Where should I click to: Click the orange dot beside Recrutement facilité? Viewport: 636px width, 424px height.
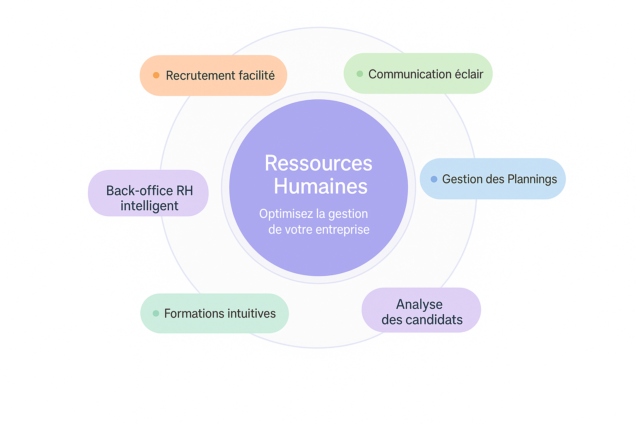pyautogui.click(x=156, y=75)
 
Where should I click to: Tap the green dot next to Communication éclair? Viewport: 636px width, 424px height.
pyautogui.click(x=360, y=74)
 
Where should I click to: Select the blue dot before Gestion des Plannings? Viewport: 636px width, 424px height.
pyautogui.click(x=434, y=179)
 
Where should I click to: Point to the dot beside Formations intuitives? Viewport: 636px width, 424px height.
pyautogui.click(x=156, y=313)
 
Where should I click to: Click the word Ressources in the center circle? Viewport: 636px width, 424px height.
pyautogui.click(x=318, y=163)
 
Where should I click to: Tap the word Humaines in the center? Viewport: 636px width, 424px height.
pyautogui.click(x=320, y=186)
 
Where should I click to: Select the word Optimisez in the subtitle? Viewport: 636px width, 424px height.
pyautogui.click(x=286, y=214)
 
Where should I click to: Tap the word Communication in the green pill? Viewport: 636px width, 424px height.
pyautogui.click(x=410, y=74)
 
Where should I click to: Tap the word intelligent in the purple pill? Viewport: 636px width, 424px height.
pyautogui.click(x=149, y=206)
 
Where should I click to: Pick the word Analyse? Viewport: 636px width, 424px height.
pyautogui.click(x=419, y=305)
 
